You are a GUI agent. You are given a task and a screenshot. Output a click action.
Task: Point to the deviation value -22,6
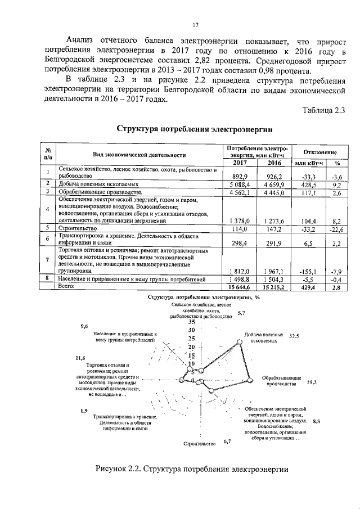(x=335, y=228)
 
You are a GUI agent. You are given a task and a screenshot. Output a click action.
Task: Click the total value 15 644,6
(x=240, y=287)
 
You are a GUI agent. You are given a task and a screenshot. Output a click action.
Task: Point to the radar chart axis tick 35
(x=192, y=322)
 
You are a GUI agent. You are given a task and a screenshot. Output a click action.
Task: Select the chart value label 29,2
(x=312, y=382)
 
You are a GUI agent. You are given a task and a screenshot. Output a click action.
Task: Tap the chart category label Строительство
(x=200, y=443)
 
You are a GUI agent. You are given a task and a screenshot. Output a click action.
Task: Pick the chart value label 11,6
(x=80, y=358)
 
